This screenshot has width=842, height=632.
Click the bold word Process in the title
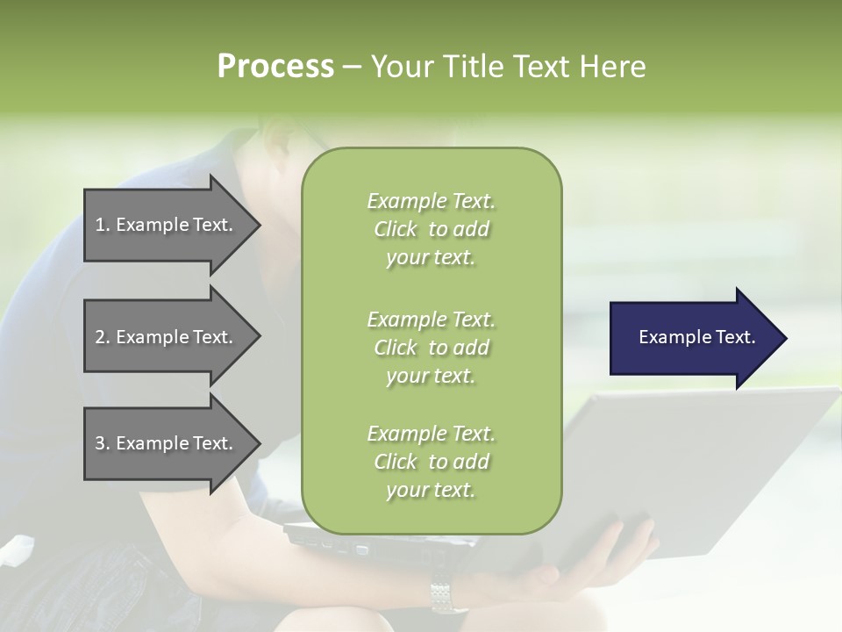click(275, 67)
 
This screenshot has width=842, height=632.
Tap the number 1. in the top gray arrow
click(103, 225)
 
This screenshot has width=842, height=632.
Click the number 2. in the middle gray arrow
click(103, 337)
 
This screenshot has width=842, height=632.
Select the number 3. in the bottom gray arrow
click(103, 443)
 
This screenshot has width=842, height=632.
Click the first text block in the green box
click(431, 229)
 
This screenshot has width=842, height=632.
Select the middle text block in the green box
click(431, 348)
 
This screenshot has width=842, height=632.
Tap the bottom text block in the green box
click(431, 462)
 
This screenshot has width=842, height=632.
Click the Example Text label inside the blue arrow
click(696, 337)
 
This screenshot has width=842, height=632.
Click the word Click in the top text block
click(396, 229)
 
